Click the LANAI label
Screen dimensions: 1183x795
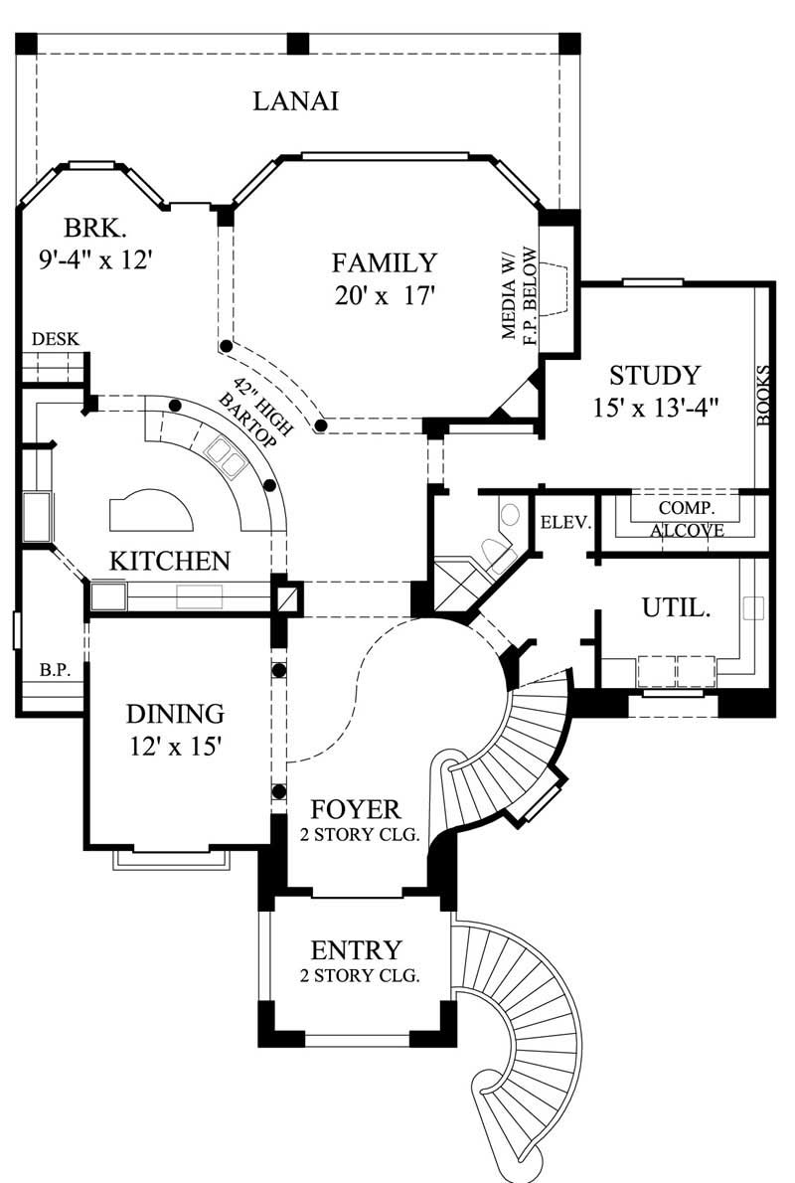pos(295,101)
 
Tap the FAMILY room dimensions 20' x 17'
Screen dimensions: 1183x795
pos(385,295)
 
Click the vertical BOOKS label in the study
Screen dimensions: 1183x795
pos(763,396)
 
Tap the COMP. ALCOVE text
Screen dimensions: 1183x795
pos(687,519)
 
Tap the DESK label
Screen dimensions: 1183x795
pos(56,340)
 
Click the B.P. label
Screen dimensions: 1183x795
pos(54,670)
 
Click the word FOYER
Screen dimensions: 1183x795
pos(355,808)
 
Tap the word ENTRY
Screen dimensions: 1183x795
pos(356,949)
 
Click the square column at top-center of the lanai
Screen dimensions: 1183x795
pos(297,43)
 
